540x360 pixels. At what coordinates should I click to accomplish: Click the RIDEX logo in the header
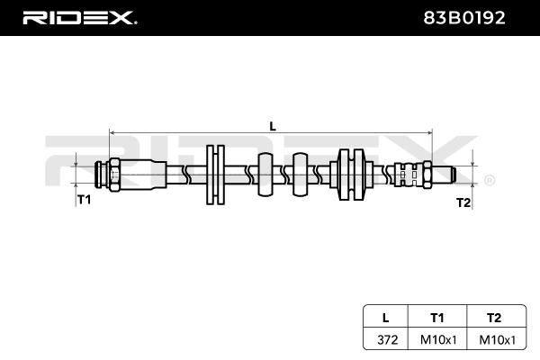tap(79, 18)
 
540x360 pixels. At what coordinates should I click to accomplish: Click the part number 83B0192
tap(463, 18)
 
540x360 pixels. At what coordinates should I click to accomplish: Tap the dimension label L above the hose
tap(273, 126)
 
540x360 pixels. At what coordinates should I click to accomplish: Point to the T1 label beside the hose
tap(84, 200)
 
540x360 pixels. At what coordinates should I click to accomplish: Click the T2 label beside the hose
tap(463, 202)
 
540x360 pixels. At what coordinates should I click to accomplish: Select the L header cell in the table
tap(386, 318)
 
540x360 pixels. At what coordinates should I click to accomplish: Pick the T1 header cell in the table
tap(437, 318)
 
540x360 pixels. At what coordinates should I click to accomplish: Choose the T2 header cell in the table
tap(494, 318)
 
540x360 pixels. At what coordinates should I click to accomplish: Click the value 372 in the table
tap(388, 340)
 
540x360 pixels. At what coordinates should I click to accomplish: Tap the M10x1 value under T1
tap(438, 340)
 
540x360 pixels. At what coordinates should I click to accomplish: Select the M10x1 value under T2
tap(498, 340)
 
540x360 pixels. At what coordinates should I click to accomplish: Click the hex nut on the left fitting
tap(114, 175)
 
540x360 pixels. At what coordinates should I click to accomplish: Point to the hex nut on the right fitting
tap(427, 175)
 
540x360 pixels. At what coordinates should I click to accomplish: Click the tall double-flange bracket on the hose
tap(216, 175)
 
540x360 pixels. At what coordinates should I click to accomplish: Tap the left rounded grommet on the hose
tap(265, 175)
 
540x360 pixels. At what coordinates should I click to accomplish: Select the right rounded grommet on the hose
tap(300, 175)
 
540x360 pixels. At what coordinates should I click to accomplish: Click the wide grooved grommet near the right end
tap(351, 175)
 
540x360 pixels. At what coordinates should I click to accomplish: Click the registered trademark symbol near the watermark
tap(490, 180)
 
